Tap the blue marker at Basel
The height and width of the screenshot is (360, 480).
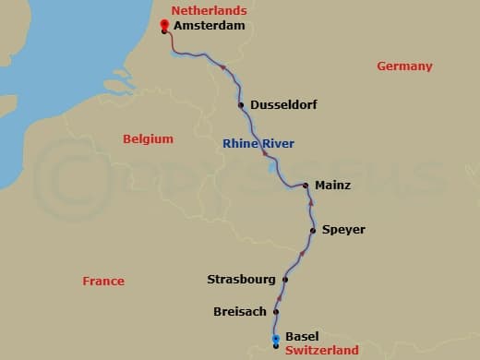point(276,341)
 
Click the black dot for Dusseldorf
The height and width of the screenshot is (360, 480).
point(241,105)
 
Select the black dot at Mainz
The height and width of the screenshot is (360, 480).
point(306,186)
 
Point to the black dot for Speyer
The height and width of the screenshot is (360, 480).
point(313,230)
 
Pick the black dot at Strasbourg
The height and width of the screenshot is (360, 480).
point(285,279)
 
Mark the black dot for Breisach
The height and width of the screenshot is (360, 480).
point(275,312)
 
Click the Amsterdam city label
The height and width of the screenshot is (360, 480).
point(210,27)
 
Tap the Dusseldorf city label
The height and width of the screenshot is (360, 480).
point(283,105)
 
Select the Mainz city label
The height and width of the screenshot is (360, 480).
point(332,186)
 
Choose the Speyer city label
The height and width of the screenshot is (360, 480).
point(343,230)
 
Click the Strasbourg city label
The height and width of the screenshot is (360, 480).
point(241,279)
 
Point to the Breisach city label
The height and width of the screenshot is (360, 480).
point(239,312)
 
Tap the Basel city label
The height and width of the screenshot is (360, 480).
point(302,337)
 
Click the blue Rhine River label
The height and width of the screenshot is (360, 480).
point(258,143)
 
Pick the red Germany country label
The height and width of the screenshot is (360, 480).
point(404,66)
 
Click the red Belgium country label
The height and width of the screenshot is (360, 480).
point(148,139)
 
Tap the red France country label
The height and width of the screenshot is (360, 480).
point(102,282)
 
